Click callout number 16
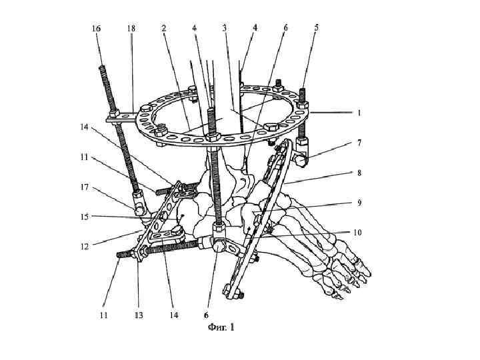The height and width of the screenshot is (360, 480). point(97,28)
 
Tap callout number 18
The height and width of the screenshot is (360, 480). point(132,28)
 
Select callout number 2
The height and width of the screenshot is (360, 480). point(163,28)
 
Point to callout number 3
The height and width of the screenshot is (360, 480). point(225,28)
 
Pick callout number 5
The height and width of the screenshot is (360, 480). point(316,28)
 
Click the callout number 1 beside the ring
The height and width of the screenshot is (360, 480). point(359,113)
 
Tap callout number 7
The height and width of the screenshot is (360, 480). point(359,143)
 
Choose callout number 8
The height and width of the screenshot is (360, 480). point(359,173)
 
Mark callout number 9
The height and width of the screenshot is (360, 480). point(359,202)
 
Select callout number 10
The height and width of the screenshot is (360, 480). point(358,232)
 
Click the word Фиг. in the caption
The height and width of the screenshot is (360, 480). point(216,327)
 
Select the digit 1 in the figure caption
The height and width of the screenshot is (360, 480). point(232,327)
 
